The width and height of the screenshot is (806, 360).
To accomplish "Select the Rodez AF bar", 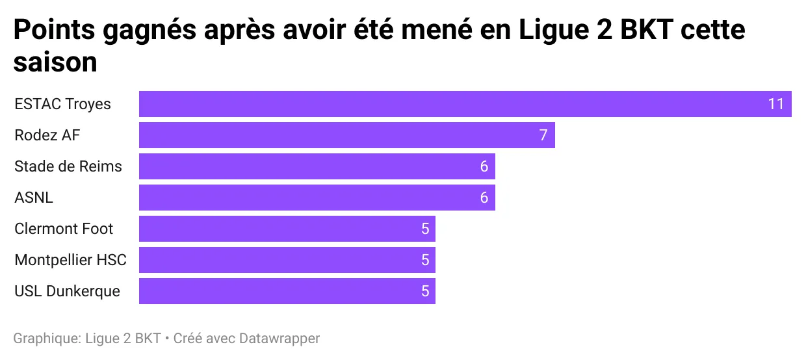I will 338,135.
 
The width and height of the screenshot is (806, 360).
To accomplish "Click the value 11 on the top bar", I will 776,104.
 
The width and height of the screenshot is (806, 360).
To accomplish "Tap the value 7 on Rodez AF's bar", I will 543,135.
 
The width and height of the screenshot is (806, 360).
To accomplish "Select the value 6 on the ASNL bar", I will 484,198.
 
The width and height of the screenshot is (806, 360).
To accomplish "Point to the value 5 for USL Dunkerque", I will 424,291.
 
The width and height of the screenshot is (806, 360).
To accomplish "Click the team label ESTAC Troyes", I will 62,104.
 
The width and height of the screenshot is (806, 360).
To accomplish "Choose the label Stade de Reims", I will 68,166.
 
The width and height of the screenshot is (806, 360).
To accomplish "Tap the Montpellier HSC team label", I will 70,260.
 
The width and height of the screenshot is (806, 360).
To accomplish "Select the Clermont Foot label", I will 64,229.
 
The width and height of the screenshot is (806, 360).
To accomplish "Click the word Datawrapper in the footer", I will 279,339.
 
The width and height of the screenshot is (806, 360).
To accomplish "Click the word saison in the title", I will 55,63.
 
